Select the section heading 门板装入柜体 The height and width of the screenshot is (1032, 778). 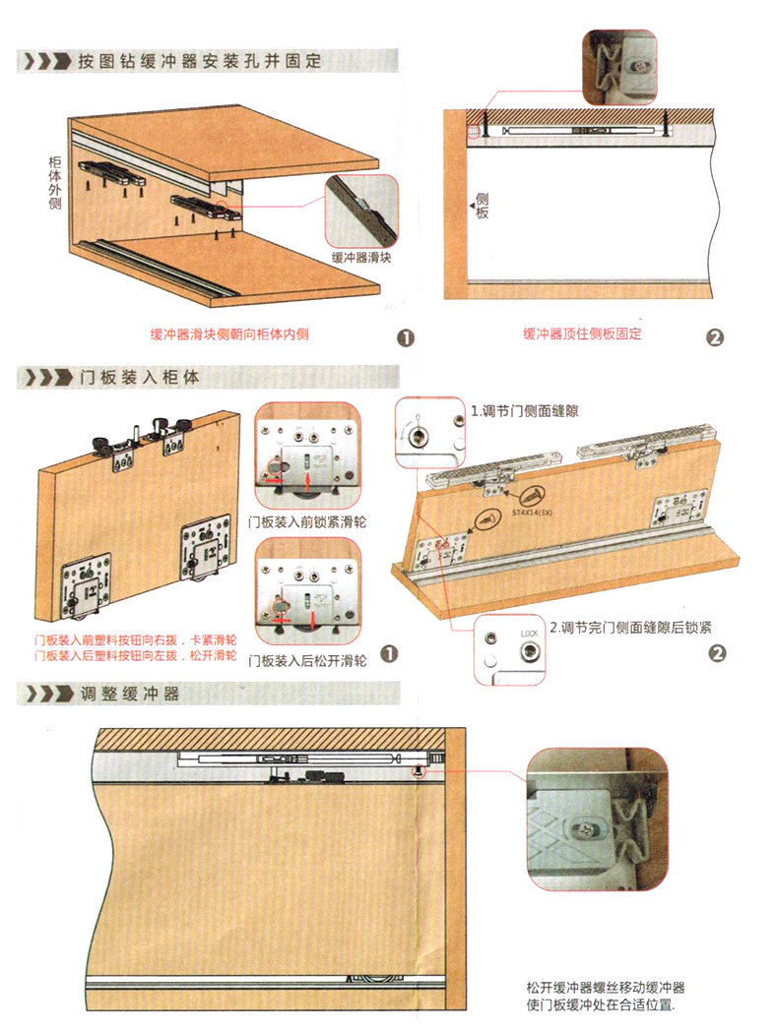tap(139, 377)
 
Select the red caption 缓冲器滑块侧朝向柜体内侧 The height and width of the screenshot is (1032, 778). tap(229, 334)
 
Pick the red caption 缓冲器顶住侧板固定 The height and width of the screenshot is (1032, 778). tap(582, 334)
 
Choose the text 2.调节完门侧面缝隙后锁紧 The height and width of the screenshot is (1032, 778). tap(630, 627)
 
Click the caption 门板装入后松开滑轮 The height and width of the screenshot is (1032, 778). tap(307, 660)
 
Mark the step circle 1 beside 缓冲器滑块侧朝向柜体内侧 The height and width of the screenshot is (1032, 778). tap(404, 336)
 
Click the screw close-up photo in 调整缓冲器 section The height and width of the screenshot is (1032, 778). tap(598, 818)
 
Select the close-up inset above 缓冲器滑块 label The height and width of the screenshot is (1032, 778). tap(361, 210)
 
